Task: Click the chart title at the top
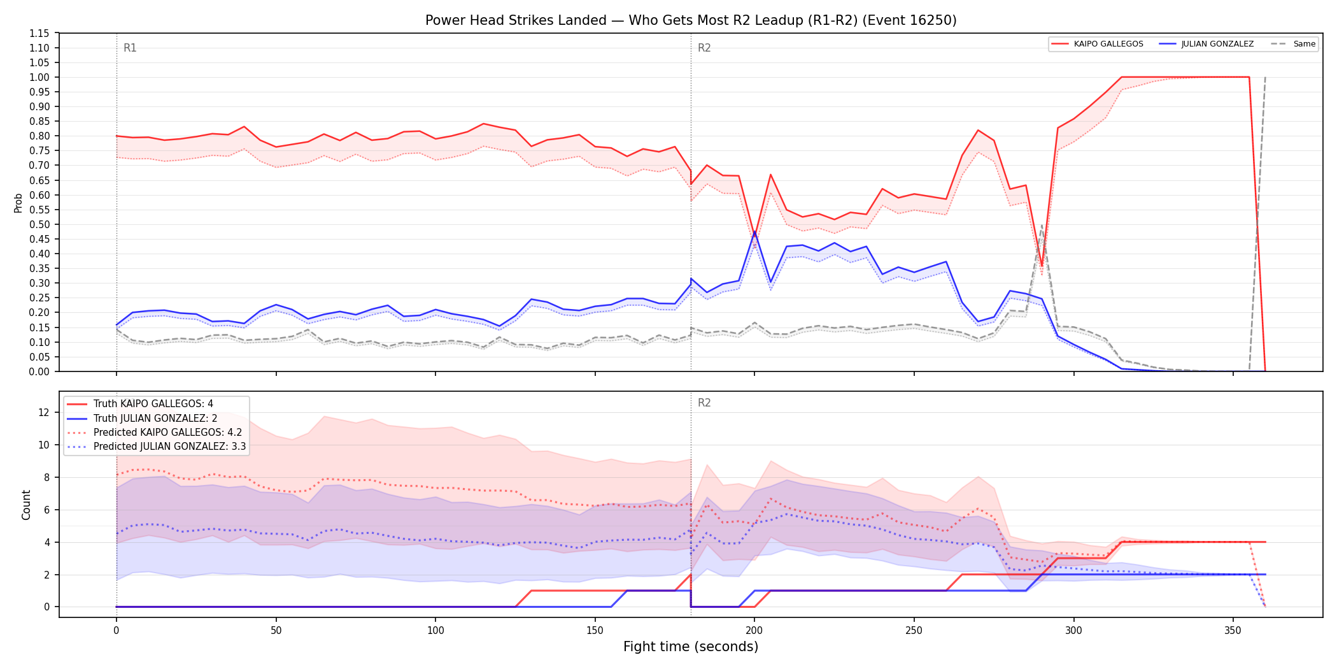tap(691, 20)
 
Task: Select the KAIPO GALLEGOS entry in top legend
tap(1097, 44)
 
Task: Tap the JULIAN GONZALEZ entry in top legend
tap(1206, 44)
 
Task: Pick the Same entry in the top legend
tap(1293, 44)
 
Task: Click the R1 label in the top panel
tap(130, 48)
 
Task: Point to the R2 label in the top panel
tap(704, 48)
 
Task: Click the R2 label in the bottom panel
tap(704, 403)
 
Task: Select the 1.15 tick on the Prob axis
tap(39, 33)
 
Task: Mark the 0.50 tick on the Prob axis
tap(39, 224)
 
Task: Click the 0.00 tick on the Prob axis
tap(39, 371)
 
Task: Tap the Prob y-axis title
tap(18, 203)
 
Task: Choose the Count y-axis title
tap(26, 505)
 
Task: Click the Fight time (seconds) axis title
tap(691, 647)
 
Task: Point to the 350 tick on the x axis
tap(1233, 630)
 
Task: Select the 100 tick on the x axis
tap(435, 630)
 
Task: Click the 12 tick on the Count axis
tap(44, 412)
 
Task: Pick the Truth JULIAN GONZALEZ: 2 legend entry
tap(142, 418)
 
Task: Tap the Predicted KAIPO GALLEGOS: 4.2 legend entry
tap(154, 432)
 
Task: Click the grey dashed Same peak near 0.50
tap(1042, 225)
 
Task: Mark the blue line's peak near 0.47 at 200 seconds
tap(754, 232)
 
